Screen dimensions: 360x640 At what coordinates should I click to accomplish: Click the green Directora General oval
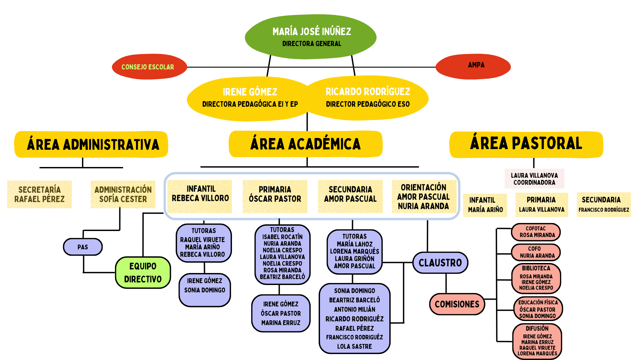pyautogui.click(x=311, y=37)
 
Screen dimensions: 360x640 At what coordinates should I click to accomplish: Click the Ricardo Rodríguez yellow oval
pyautogui.click(x=367, y=97)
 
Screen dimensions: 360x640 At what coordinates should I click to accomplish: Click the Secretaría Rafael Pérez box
pyautogui.click(x=39, y=194)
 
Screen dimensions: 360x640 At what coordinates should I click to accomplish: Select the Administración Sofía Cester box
pyautogui.click(x=123, y=194)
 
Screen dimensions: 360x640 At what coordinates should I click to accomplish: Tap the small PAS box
pyautogui.click(x=83, y=247)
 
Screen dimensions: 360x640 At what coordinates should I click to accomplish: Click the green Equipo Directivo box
pyautogui.click(x=143, y=272)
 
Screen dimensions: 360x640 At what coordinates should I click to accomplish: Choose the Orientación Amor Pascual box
pyautogui.click(x=423, y=197)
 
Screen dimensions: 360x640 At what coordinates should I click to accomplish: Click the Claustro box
pyautogui.click(x=440, y=263)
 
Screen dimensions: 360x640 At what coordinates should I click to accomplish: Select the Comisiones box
pyautogui.click(x=457, y=304)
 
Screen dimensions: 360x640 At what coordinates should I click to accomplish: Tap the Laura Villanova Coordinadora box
pyautogui.click(x=534, y=179)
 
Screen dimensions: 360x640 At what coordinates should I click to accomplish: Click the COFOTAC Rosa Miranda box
pyautogui.click(x=536, y=232)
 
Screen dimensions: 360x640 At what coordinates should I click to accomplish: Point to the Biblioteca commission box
pyautogui.click(x=536, y=278)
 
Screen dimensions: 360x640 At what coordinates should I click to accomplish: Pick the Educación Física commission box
pyautogui.click(x=538, y=309)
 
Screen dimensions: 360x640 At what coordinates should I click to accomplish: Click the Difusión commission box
pyautogui.click(x=537, y=341)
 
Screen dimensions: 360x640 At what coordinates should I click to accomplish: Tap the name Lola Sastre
pyautogui.click(x=354, y=347)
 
